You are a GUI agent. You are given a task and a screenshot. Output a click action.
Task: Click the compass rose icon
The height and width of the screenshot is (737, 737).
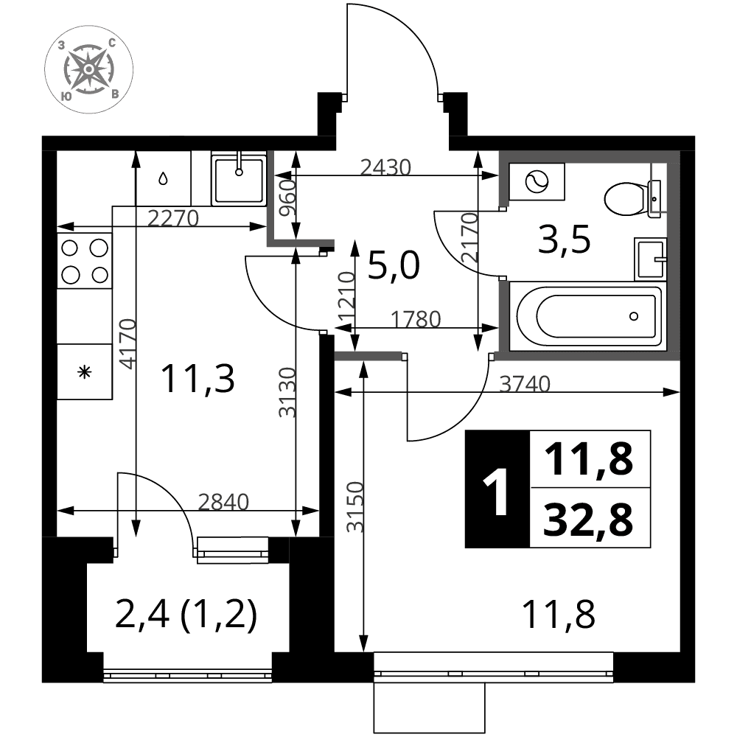(89, 69)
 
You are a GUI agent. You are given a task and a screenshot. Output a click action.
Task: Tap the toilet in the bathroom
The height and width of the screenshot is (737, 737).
(632, 199)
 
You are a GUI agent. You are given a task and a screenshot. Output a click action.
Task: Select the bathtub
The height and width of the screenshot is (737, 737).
(587, 316)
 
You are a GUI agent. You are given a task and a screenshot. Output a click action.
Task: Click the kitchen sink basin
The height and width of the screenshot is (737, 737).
(239, 178)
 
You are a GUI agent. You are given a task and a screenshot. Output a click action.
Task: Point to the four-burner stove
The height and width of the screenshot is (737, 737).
(85, 261)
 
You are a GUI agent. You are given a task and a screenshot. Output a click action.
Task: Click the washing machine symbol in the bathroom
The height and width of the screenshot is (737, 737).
(537, 181)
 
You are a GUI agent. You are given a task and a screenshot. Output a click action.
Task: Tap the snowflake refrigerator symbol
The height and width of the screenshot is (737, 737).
(85, 373)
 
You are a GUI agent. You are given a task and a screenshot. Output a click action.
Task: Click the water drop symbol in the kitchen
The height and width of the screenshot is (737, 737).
(163, 178)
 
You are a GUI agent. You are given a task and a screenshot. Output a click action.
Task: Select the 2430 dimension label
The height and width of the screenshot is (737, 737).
(385, 167)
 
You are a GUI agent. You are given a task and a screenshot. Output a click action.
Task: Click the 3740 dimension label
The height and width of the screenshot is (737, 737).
(525, 384)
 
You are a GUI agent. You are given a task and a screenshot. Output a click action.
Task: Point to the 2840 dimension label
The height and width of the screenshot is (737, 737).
(223, 502)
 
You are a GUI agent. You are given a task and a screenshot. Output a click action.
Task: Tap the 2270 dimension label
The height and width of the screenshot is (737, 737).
(173, 218)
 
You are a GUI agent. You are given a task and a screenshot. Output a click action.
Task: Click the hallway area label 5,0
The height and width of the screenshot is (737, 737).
(394, 265)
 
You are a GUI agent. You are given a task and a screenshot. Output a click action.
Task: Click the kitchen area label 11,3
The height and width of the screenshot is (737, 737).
(198, 380)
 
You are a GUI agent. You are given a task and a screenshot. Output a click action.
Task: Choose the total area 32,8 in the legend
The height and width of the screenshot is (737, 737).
(588, 520)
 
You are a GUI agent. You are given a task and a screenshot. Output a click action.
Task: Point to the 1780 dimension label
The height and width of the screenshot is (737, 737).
(416, 320)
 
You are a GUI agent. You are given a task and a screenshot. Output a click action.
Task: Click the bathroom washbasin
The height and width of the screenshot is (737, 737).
(651, 259)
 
